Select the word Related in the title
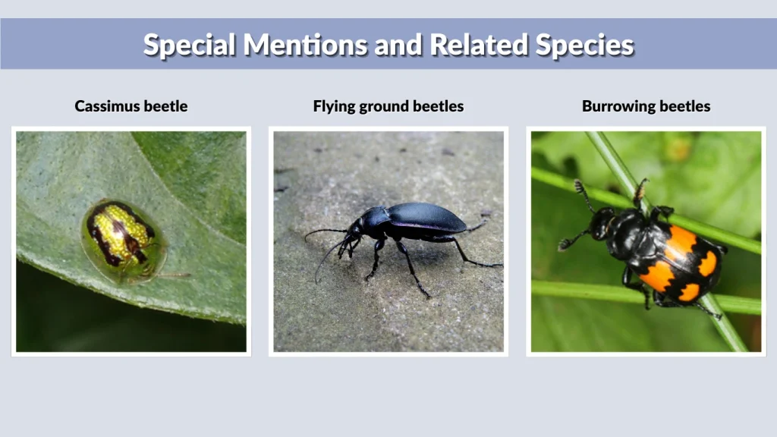479,45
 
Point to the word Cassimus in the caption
107,106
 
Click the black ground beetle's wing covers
429,218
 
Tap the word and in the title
401,45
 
